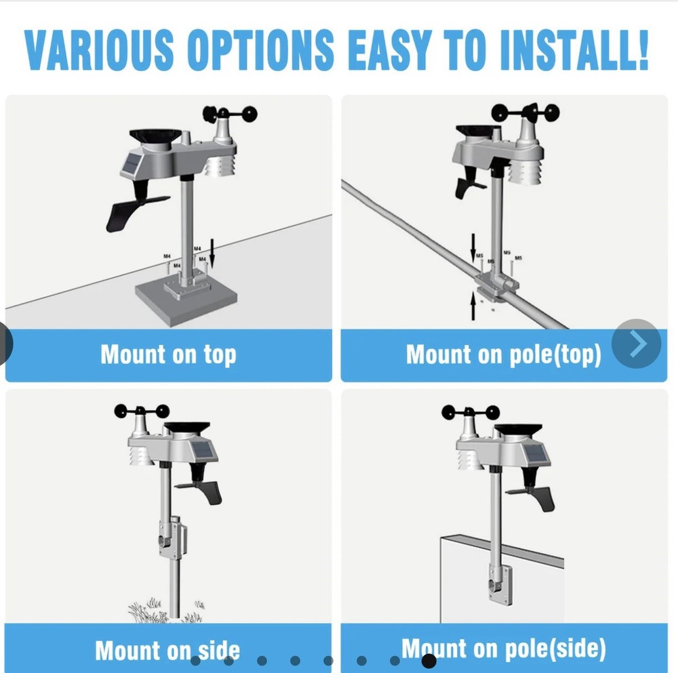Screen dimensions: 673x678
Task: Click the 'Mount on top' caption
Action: coord(168,355)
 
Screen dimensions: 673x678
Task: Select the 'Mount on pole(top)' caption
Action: coord(503,355)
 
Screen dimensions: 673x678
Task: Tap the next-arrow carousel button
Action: coord(637,344)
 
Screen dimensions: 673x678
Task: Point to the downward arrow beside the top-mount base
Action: coord(212,256)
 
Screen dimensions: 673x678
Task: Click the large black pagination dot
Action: coord(428,660)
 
